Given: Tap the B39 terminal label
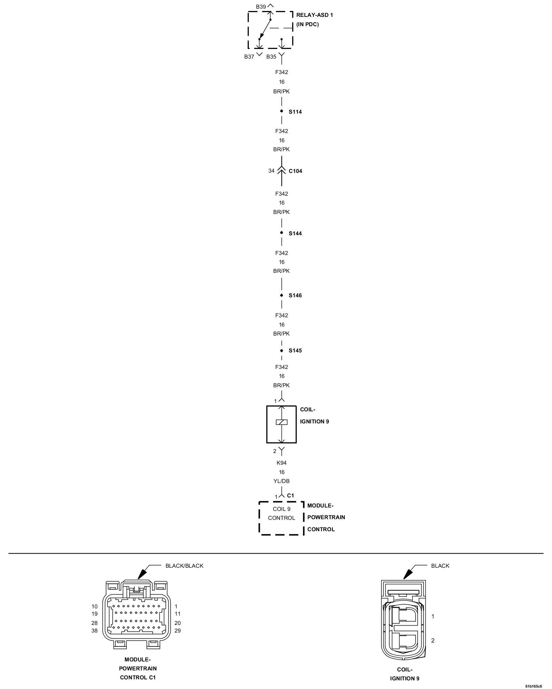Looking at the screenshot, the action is (x=261, y=7).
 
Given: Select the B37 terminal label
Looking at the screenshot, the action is (x=249, y=57).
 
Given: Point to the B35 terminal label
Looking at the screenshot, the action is (x=271, y=57).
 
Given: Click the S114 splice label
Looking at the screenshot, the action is (x=295, y=112).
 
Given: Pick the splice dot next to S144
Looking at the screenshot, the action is (x=282, y=233).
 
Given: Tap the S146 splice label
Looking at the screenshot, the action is (x=295, y=296).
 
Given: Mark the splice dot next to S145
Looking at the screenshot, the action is (x=282, y=351).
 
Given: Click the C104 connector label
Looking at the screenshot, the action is (x=295, y=171).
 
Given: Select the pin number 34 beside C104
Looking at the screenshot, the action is (x=272, y=171).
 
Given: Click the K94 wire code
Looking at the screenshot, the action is (x=282, y=463).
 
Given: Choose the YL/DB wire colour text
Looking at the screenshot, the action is (x=282, y=481).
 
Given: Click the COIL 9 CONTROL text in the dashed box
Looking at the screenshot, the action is (x=282, y=513).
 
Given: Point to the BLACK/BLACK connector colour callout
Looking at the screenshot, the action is (x=184, y=566).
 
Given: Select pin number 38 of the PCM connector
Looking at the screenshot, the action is (x=95, y=631).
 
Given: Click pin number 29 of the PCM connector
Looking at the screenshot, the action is (x=178, y=631).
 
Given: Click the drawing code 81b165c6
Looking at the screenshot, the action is (x=533, y=686).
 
